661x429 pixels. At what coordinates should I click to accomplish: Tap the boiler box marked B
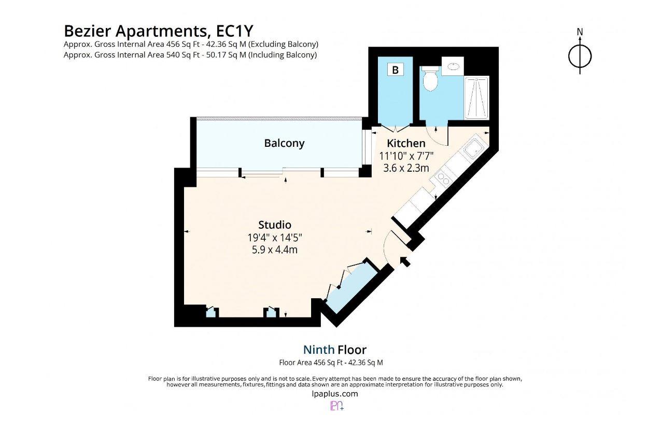(395, 70)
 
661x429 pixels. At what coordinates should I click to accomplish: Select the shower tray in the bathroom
(476, 98)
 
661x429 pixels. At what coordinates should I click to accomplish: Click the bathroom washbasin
(453, 66)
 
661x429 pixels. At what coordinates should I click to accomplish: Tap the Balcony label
(284, 143)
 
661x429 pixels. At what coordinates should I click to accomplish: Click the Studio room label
(275, 225)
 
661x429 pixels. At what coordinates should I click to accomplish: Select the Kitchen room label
(406, 143)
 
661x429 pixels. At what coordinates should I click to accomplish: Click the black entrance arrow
(405, 261)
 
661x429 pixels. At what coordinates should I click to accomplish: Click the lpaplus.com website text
(334, 394)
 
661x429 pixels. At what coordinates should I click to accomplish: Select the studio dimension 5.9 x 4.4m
(275, 250)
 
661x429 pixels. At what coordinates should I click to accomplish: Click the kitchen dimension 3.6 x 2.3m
(406, 168)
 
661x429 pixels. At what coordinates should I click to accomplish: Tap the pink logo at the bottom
(336, 406)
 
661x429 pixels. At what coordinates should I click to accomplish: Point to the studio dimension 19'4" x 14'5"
(275, 238)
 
